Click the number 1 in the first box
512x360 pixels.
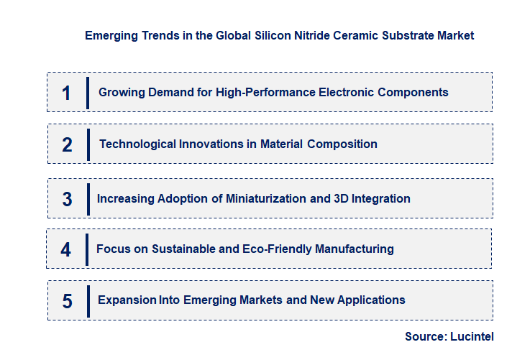click(66, 93)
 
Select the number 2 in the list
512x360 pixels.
click(67, 144)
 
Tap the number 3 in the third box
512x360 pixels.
click(67, 199)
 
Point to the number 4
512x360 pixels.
click(66, 249)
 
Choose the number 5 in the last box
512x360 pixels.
click(67, 301)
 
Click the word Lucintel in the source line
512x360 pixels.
click(473, 336)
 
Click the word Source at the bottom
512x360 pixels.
click(426, 336)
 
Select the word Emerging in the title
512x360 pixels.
click(109, 35)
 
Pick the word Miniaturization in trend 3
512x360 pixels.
click(265, 198)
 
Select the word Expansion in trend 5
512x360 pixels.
click(127, 300)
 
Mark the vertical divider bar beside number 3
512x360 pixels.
click(88, 198)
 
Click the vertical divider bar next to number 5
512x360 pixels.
click(88, 300)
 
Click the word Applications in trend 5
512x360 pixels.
click(371, 300)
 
